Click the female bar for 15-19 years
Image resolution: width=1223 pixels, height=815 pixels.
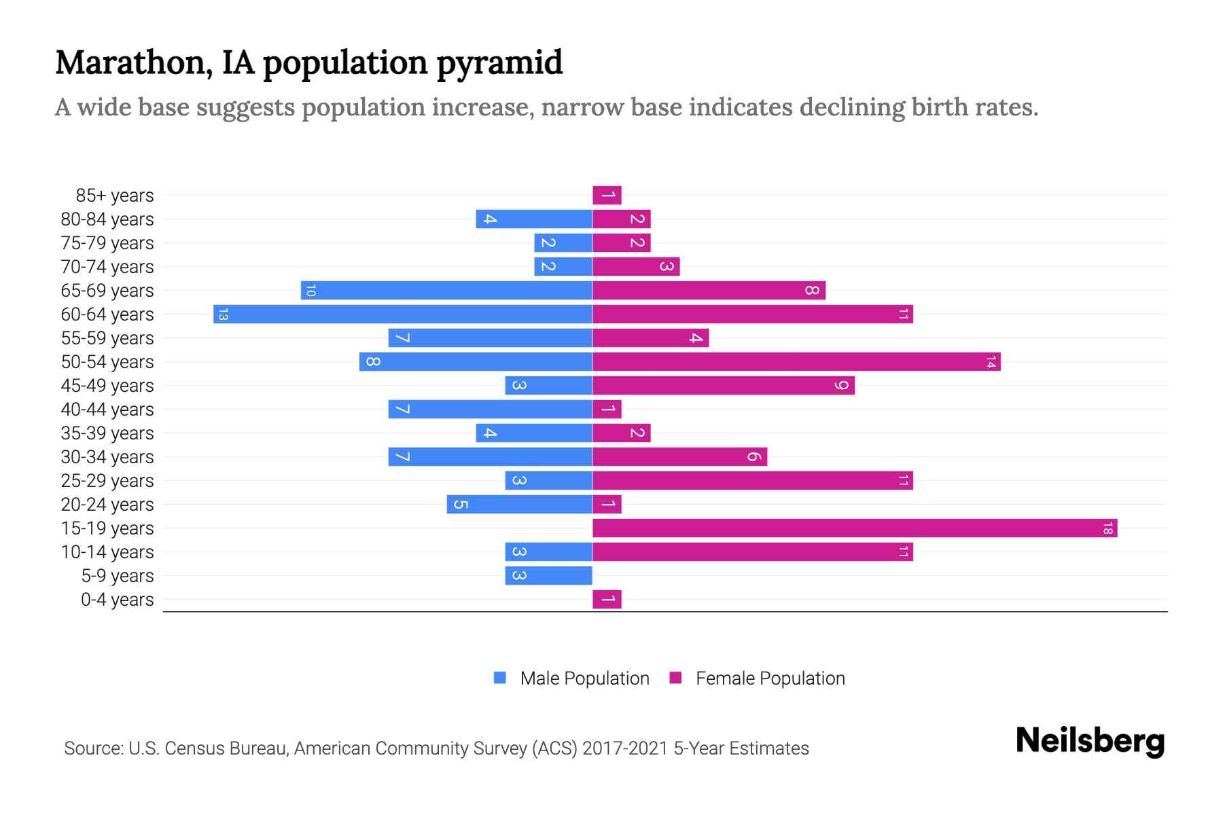point(854,528)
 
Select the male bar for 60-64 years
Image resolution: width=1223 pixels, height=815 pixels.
point(402,314)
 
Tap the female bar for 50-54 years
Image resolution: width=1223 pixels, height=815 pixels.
point(796,361)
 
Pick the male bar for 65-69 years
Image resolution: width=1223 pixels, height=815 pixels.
point(446,290)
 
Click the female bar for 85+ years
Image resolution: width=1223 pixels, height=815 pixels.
point(607,195)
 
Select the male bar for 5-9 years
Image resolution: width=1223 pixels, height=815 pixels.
point(548,575)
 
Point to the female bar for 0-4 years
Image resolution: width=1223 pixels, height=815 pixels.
point(607,599)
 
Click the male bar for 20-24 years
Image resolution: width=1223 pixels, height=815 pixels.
point(519,504)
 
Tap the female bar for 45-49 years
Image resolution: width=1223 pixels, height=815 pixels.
point(723,385)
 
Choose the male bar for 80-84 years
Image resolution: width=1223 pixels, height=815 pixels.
point(534,219)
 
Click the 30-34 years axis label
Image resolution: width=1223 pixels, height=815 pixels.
point(107,457)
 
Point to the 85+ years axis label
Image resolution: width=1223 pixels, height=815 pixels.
point(115,196)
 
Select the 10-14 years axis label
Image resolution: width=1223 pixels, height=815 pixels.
point(107,552)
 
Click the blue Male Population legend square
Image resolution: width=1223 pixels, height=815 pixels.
point(500,678)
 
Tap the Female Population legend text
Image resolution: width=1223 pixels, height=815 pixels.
point(770,678)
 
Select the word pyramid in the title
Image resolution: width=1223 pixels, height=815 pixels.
point(499,63)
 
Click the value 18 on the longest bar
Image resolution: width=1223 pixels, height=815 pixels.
point(1107,528)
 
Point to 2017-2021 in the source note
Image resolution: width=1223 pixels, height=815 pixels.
point(625,748)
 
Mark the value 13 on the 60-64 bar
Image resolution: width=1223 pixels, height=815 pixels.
point(223,314)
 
